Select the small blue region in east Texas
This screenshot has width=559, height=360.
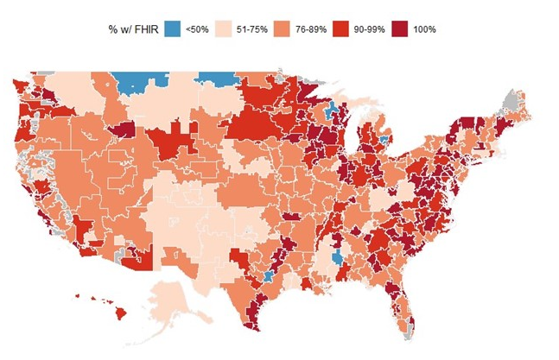[269, 276]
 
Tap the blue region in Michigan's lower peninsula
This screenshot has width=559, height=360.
[383, 139]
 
